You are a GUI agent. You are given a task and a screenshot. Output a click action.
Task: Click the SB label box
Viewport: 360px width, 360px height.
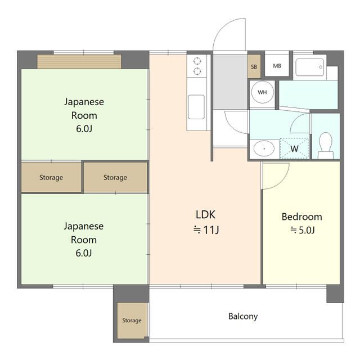254,66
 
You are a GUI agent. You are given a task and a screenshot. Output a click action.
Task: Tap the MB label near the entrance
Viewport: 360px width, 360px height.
277,66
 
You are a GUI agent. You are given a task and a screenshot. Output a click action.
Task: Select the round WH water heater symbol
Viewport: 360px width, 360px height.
262,93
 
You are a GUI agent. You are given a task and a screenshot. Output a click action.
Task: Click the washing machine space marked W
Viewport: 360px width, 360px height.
295,148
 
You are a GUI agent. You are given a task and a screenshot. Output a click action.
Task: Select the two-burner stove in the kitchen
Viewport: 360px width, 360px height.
197,66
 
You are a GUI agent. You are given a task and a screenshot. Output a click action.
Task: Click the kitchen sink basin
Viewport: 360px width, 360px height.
196,107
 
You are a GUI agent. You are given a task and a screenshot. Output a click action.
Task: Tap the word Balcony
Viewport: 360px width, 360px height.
243,316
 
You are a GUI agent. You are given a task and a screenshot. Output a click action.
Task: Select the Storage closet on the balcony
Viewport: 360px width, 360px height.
132,321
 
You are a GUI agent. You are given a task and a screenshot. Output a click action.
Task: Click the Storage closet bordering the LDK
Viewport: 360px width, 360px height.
115,177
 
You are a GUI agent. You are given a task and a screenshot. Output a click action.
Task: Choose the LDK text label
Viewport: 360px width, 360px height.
205,214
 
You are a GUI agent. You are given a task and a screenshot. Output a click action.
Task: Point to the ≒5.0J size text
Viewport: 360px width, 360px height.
302,229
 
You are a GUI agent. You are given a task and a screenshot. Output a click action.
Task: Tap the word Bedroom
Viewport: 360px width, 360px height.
302,217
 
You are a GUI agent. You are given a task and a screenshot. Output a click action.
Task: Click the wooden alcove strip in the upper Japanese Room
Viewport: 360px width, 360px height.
79,61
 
